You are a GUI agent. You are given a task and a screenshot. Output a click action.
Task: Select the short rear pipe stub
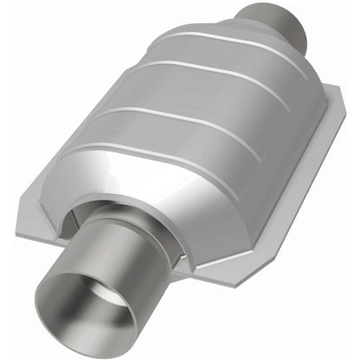(x=279, y=23)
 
